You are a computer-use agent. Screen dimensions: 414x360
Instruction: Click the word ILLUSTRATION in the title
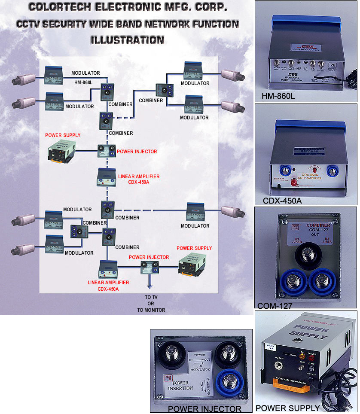(127, 40)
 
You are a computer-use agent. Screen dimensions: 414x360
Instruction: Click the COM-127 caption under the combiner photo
(275, 306)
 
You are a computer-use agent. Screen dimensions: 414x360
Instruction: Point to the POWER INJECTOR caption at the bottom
(204, 408)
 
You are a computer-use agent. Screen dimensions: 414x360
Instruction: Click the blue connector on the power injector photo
(230, 380)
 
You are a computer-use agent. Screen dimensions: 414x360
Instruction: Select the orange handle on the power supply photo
(290, 388)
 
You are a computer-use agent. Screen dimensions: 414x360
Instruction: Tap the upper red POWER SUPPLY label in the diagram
(63, 135)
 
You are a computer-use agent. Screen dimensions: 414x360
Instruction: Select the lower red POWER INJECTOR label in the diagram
(149, 257)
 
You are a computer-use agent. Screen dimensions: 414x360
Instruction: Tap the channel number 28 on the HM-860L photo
(332, 64)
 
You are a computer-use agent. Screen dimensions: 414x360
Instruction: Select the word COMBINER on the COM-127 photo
(318, 225)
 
